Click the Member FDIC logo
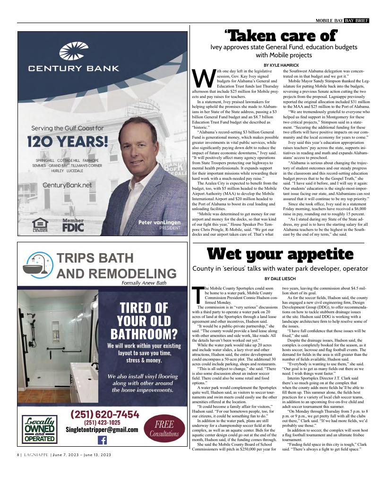coord(73,225)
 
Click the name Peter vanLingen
coord(159,222)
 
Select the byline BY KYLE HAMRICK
coord(281,65)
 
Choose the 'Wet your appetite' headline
coord(281,255)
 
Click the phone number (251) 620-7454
coord(105,415)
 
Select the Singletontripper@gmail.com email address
coord(102,430)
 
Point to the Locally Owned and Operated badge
coord(40,429)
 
